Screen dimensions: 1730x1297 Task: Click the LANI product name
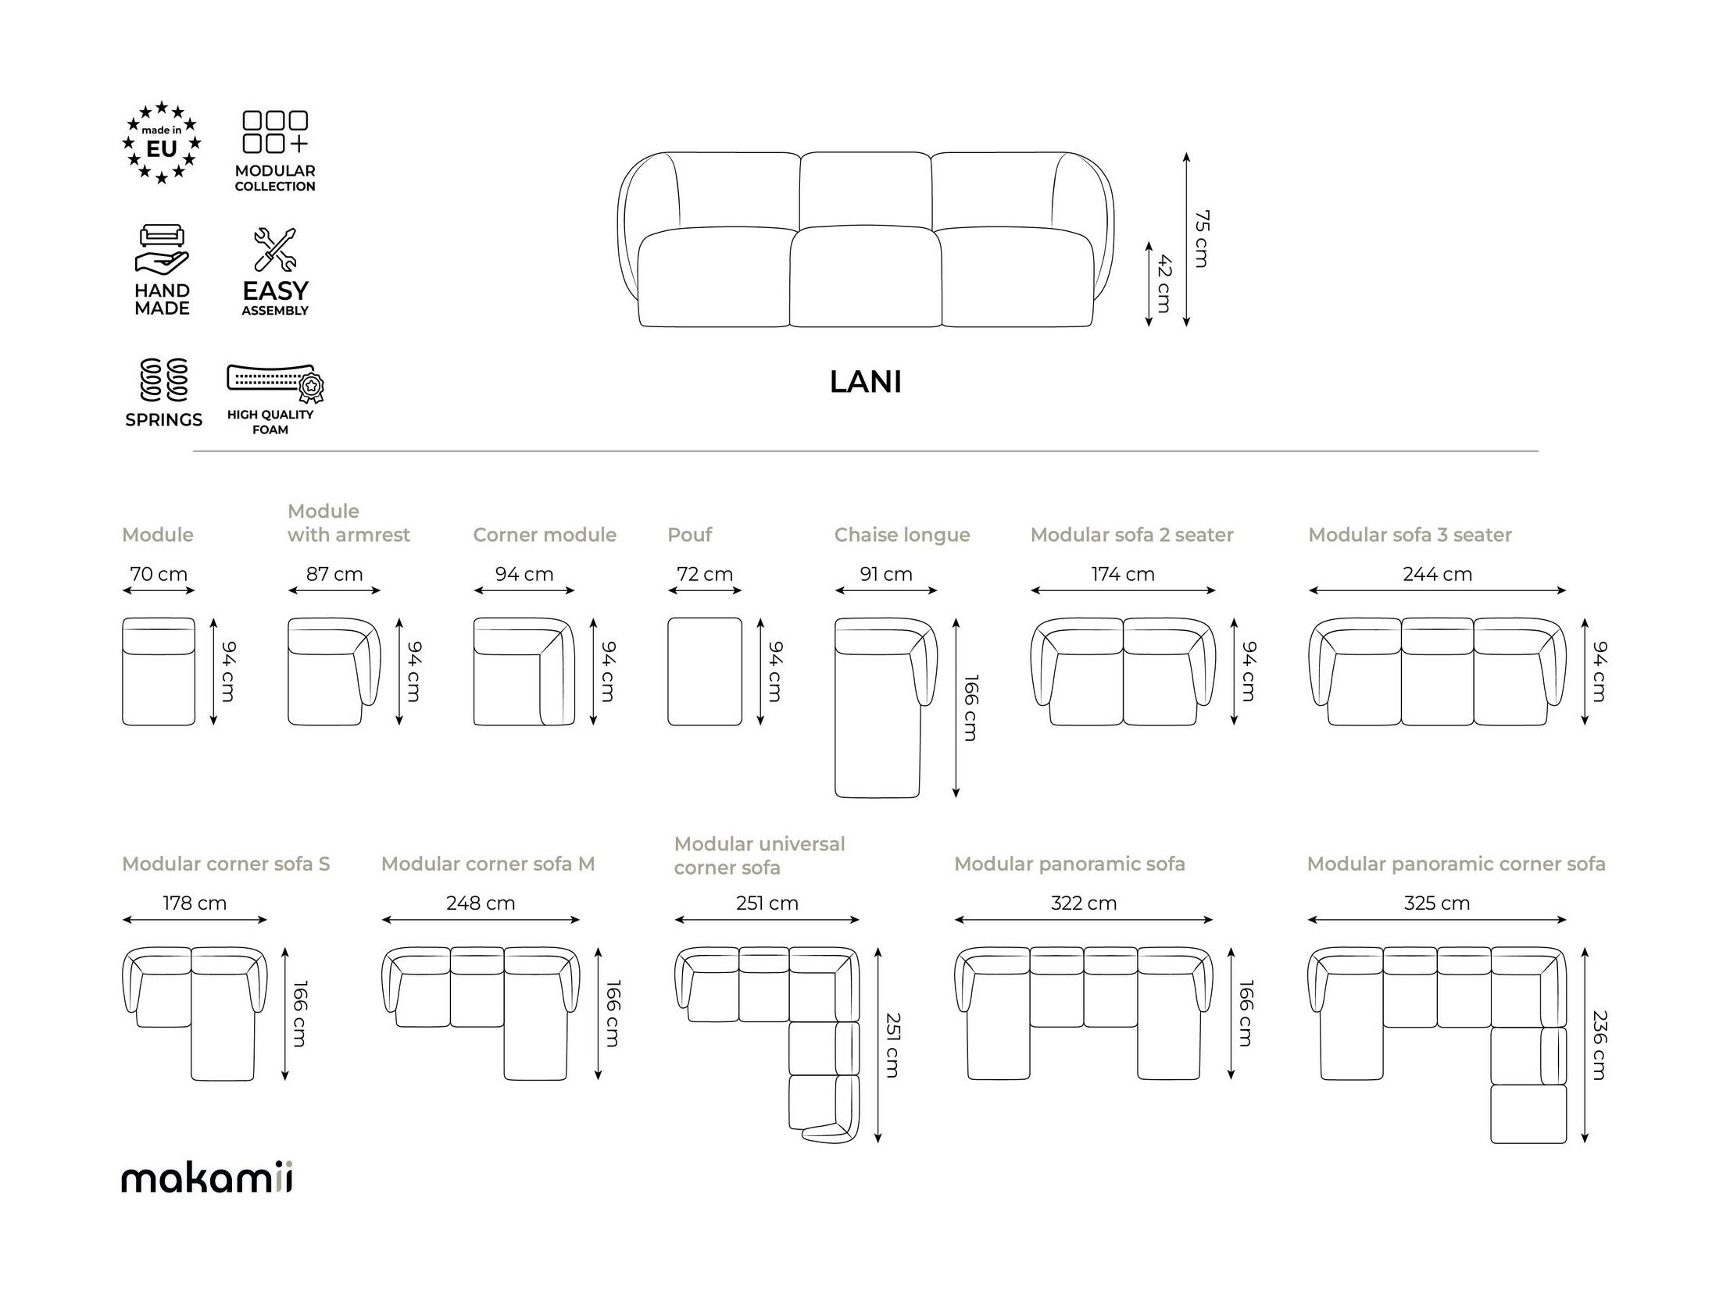(865, 383)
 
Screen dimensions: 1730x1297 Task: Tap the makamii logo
(207, 1178)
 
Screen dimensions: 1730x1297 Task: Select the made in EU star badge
(162, 143)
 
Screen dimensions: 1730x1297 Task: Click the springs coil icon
(164, 379)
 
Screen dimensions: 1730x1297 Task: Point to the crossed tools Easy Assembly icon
(274, 249)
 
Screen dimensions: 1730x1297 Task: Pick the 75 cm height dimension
(1201, 239)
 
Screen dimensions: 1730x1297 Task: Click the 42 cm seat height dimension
(1163, 283)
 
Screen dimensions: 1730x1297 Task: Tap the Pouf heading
(689, 535)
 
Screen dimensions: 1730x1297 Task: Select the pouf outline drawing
(705, 672)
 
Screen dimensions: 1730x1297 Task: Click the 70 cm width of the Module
(159, 574)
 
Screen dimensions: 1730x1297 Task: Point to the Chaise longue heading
(902, 535)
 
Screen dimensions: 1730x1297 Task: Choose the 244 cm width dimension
(1437, 574)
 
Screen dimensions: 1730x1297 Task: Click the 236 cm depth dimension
(1600, 1046)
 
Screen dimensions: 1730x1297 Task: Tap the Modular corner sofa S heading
(226, 864)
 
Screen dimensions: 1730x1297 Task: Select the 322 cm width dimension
(1083, 903)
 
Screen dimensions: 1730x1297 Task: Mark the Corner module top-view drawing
(524, 672)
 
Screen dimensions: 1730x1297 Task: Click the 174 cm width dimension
(1122, 574)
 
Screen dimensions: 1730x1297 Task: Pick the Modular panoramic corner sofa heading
(1456, 864)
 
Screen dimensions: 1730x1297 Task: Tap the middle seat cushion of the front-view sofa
(865, 276)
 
